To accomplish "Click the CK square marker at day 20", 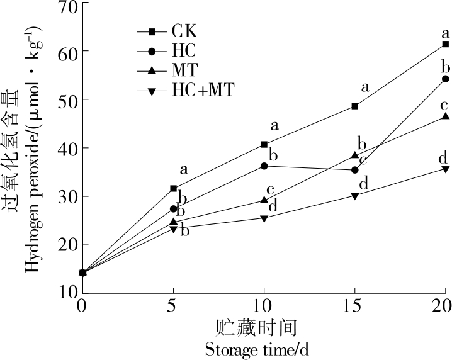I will (445, 44).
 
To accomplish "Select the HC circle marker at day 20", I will (445, 79).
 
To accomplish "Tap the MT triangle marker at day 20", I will (445, 116).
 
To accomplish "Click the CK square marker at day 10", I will (264, 144).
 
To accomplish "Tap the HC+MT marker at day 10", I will (264, 218).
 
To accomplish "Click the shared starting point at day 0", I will (82, 273).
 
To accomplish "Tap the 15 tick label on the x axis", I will (354, 306).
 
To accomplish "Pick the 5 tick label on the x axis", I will (173, 306).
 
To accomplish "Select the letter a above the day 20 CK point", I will (445, 33).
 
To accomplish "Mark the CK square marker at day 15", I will (355, 106).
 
